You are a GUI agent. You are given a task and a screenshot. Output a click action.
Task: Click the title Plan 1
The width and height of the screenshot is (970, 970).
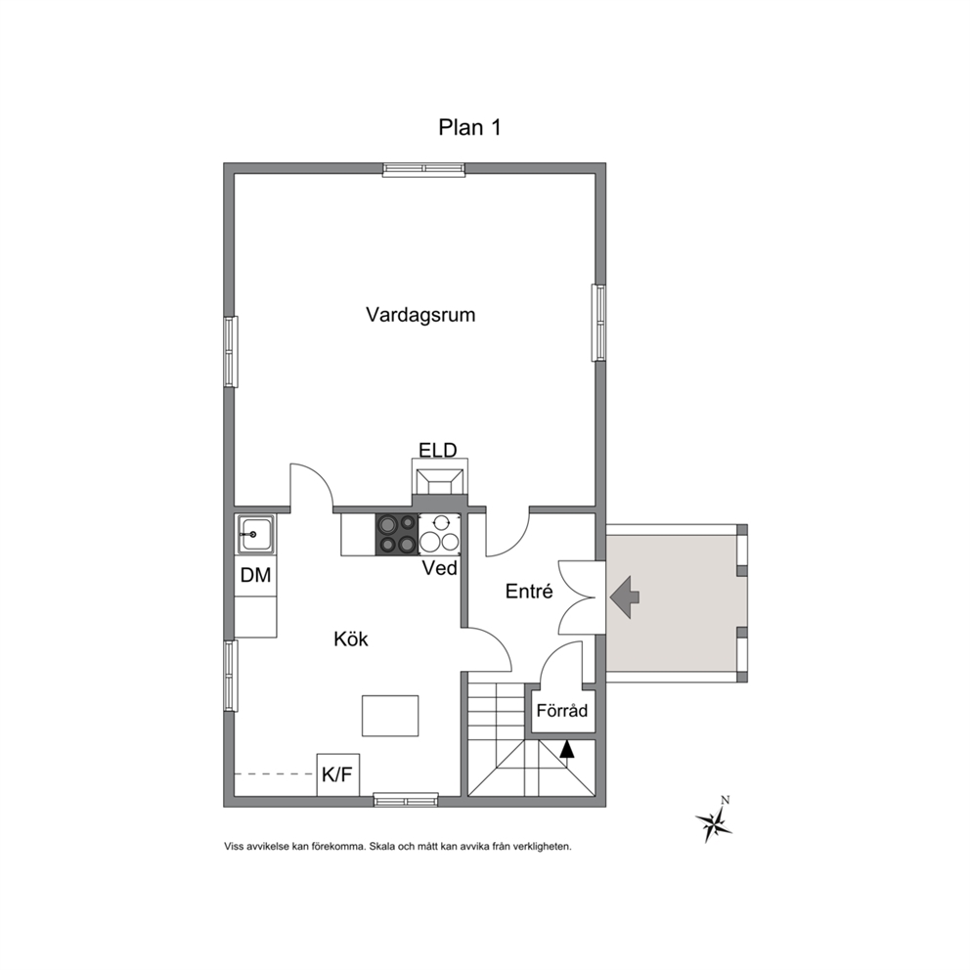tap(469, 127)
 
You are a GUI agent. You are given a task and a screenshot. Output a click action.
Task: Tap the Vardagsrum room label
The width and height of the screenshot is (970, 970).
tap(420, 314)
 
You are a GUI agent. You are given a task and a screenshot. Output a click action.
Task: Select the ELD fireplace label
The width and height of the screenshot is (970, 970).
tap(438, 450)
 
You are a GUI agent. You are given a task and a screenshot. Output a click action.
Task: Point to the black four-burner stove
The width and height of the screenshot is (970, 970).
tap(397, 535)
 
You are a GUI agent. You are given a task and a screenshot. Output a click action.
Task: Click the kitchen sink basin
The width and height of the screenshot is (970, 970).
tap(256, 534)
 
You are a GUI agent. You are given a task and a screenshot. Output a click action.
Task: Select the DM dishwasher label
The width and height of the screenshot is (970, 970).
tap(255, 575)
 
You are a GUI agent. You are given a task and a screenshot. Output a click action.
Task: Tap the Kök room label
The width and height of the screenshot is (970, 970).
tap(351, 639)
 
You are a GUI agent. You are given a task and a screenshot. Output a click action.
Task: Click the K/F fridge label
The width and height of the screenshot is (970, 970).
tap(337, 773)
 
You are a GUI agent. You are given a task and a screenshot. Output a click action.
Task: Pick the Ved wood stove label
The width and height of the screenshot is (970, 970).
tap(440, 568)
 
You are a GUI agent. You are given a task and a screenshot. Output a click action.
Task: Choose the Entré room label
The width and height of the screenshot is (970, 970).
tap(529, 591)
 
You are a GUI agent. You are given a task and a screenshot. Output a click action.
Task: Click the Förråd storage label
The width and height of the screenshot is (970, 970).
tap(561, 710)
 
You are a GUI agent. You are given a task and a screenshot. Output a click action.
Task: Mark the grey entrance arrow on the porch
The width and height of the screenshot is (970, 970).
tap(625, 597)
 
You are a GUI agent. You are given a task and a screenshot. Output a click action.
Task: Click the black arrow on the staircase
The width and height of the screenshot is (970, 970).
tap(567, 749)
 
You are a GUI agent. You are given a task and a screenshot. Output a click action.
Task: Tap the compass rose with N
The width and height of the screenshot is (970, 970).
tap(715, 820)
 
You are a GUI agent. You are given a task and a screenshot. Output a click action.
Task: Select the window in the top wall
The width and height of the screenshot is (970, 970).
tap(423, 169)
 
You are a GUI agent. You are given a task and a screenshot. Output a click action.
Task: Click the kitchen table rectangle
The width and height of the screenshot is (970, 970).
tap(390, 716)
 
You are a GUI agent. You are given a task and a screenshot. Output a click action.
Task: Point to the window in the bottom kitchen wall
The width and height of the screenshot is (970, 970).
tap(406, 801)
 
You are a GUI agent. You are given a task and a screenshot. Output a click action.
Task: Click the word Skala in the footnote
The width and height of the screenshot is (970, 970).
tap(383, 846)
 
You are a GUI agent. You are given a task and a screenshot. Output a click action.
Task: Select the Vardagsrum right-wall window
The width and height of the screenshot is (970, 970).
tap(598, 323)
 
